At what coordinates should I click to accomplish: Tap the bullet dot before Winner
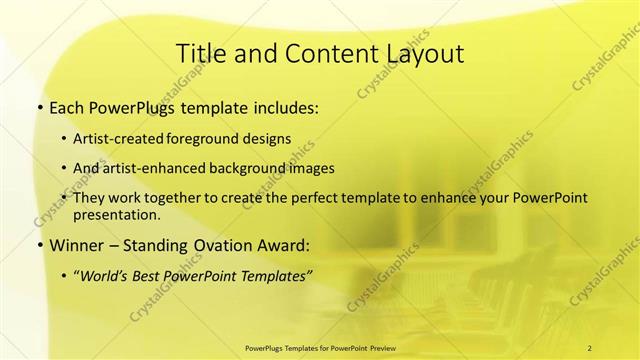point(39,244)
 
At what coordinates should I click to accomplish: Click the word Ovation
point(221,244)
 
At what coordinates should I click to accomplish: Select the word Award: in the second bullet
point(283,244)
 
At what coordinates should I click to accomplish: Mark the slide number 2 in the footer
point(590,347)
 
